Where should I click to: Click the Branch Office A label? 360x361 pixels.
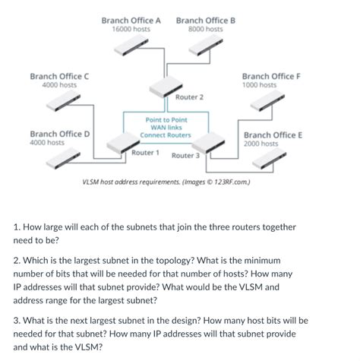click(x=131, y=20)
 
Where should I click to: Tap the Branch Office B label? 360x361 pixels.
click(x=206, y=20)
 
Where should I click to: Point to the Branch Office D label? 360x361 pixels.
click(x=60, y=133)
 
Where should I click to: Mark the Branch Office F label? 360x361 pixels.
click(x=271, y=76)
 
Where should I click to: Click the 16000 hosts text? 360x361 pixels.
click(x=131, y=29)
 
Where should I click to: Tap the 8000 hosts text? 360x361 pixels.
click(x=205, y=29)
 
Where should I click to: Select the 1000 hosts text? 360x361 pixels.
click(x=260, y=85)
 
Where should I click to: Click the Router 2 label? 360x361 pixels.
click(x=189, y=97)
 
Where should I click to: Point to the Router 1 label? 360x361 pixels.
click(x=145, y=153)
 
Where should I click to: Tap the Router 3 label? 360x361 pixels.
click(x=185, y=156)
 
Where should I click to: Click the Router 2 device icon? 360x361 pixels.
click(x=168, y=88)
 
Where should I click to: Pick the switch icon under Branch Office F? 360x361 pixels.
click(x=275, y=101)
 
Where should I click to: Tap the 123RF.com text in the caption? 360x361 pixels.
click(x=231, y=183)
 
